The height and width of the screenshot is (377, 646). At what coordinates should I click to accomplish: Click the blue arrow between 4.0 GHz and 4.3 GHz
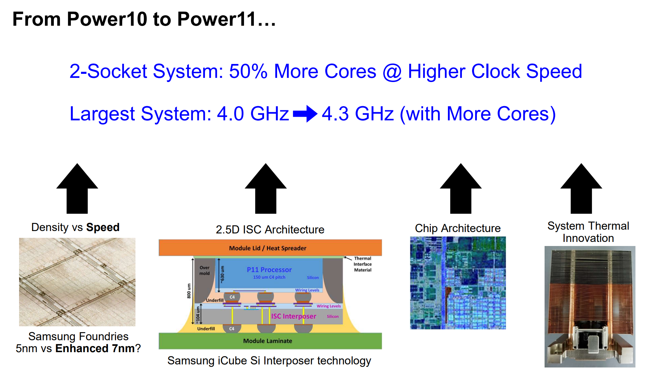tap(305, 114)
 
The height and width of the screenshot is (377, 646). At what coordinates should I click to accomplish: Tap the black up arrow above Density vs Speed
tap(77, 189)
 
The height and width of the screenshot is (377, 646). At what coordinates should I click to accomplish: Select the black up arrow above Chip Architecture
tap(461, 189)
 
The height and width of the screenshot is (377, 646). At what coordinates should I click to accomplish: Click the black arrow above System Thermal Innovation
tap(581, 189)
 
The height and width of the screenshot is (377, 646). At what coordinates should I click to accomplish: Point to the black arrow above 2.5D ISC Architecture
tap(265, 189)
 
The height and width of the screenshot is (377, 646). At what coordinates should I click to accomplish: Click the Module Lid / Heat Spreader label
tap(268, 248)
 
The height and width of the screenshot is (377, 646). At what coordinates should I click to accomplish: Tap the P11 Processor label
tap(269, 270)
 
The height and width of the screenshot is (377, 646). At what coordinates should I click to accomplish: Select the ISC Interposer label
tap(293, 316)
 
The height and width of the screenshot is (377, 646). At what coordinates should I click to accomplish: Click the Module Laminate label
tap(268, 341)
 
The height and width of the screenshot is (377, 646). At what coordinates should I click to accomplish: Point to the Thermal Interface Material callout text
tap(362, 264)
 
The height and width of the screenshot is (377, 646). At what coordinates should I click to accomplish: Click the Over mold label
tap(205, 271)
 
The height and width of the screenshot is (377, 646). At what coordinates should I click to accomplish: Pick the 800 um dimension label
tap(189, 291)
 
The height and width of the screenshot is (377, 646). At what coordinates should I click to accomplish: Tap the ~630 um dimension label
tap(222, 275)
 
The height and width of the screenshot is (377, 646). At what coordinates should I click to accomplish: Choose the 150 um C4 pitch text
tap(269, 277)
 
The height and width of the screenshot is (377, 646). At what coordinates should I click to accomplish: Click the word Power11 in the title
tap(216, 19)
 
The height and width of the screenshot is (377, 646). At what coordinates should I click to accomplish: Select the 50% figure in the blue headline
tap(248, 71)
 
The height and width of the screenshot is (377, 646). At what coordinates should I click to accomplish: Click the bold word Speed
tap(103, 227)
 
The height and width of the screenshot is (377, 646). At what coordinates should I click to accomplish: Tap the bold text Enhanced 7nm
tap(95, 348)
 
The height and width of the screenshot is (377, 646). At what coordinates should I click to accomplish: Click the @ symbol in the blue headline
tap(392, 72)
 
